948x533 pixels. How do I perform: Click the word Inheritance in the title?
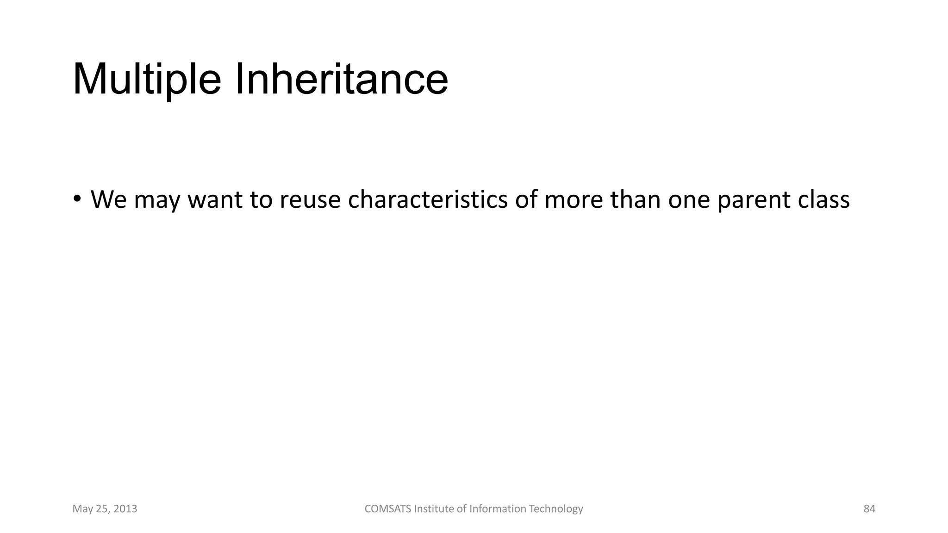tap(342, 80)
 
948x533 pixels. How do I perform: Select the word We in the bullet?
tap(109, 200)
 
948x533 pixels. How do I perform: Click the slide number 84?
tap(869, 509)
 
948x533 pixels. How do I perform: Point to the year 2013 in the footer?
tap(125, 509)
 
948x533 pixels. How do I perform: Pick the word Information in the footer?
tap(498, 509)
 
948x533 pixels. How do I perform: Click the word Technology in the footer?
tap(556, 509)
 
